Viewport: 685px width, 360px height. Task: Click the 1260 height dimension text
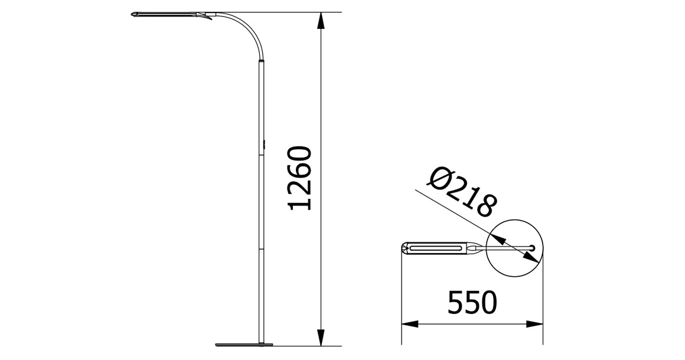(301, 178)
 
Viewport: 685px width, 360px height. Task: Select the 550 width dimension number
(471, 303)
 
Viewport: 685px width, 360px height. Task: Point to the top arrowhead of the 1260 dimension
(320, 20)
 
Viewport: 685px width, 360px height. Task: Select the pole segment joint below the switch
(262, 156)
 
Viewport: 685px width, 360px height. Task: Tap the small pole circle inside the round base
(533, 248)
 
